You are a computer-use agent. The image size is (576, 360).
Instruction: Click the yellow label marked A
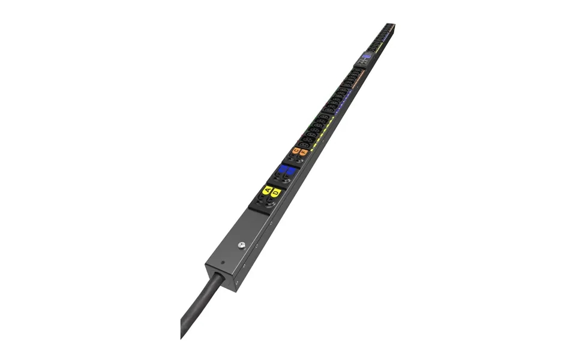[x=268, y=191]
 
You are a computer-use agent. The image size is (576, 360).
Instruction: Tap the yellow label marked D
[x=276, y=193]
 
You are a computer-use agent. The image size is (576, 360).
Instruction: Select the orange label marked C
[x=296, y=151]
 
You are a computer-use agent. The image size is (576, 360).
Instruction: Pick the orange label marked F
[x=304, y=152]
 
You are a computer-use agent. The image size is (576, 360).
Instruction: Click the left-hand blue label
[x=283, y=169]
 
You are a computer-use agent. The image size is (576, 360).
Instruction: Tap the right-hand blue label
[x=291, y=171]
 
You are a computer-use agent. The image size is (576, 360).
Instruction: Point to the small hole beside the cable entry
[x=222, y=262]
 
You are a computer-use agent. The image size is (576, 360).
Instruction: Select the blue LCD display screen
[x=367, y=55]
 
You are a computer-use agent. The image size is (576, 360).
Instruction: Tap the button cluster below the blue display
[x=363, y=62]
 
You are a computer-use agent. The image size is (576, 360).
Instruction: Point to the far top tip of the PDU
[x=390, y=25]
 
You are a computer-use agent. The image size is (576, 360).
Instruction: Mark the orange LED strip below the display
[x=357, y=78]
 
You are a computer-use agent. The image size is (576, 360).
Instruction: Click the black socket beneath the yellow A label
[x=262, y=199]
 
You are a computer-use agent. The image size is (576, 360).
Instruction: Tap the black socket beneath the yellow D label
[x=271, y=202]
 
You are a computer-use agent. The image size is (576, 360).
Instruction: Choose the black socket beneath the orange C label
[x=292, y=157]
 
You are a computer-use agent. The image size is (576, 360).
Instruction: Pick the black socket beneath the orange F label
[x=299, y=160]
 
